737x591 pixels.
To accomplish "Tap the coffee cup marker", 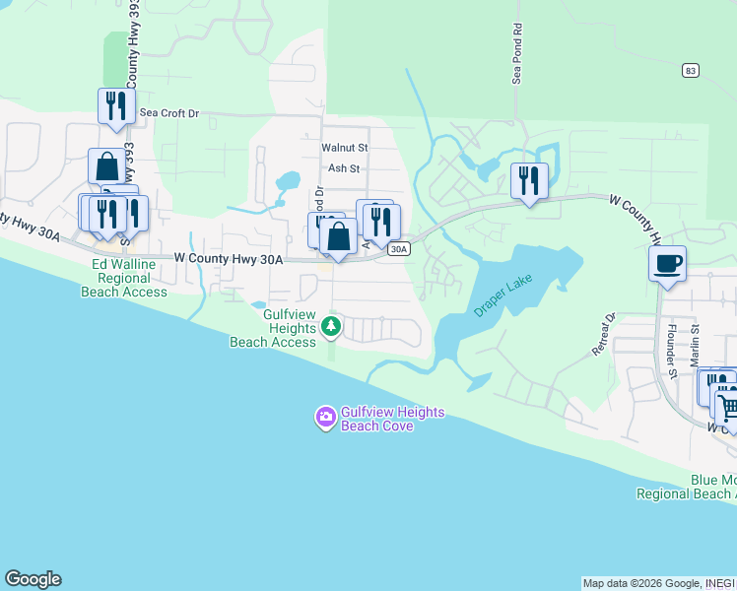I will pos(667,264).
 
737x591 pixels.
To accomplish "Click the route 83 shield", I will pos(691,70).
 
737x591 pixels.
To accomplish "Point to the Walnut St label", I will pos(344,148).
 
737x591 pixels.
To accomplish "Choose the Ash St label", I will pos(344,168).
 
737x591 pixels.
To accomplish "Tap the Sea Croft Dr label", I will pos(168,113).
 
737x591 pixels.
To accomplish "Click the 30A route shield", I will pos(398,249).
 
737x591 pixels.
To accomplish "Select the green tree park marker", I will pos(332,325).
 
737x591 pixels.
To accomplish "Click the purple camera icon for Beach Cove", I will pos(325,418).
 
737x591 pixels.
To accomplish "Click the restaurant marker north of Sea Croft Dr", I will pos(116,106).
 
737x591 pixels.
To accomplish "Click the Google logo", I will pos(33,579).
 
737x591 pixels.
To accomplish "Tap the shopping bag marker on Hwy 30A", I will pos(338,238).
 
